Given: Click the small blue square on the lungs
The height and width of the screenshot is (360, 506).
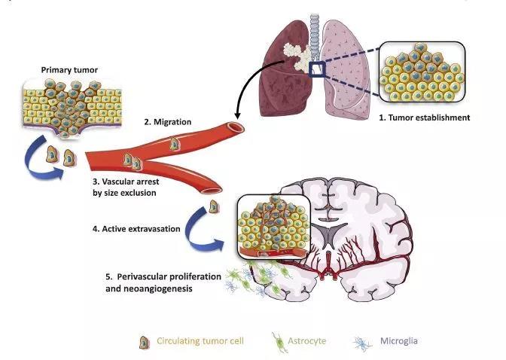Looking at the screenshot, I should [x=317, y=70].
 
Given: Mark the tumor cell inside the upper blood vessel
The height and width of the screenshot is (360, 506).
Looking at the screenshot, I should [x=175, y=141].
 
